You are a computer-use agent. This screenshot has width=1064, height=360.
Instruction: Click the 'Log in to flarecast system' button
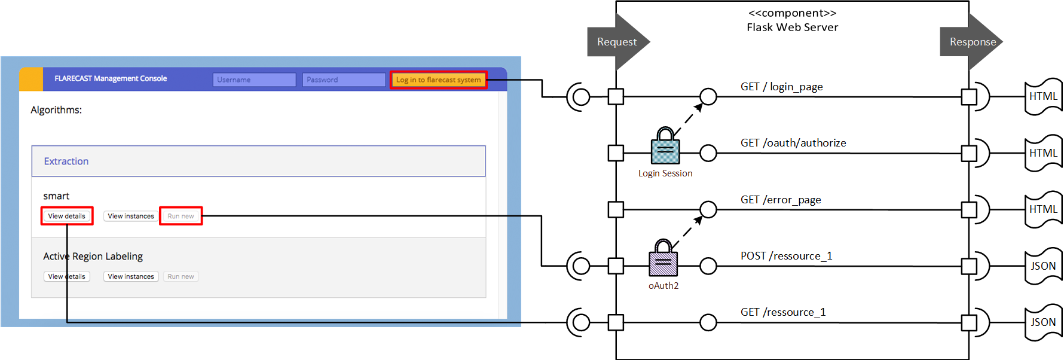click(438, 80)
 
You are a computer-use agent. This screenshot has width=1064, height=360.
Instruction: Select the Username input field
click(254, 80)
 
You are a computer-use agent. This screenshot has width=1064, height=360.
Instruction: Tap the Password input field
click(344, 80)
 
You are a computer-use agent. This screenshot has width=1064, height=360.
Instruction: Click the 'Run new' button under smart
click(181, 216)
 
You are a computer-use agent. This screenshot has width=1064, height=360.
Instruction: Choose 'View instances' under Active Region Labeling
click(131, 276)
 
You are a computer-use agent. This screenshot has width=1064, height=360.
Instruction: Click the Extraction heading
click(66, 161)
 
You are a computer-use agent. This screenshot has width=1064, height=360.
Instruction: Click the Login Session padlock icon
click(665, 146)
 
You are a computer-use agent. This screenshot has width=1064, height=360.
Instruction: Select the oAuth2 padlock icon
click(664, 258)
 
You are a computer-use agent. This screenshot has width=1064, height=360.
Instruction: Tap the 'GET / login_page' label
click(781, 87)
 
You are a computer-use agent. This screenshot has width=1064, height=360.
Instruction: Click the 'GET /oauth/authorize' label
click(793, 143)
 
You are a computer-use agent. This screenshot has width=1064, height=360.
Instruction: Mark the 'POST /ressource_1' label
click(786, 256)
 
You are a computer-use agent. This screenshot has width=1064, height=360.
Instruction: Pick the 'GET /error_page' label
click(781, 200)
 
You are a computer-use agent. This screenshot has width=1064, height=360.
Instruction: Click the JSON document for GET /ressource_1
click(1043, 322)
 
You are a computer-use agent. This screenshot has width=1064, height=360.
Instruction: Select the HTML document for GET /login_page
click(1043, 96)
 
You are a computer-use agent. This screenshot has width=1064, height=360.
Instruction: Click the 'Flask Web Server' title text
click(792, 28)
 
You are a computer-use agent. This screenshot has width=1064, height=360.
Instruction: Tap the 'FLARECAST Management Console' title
click(111, 78)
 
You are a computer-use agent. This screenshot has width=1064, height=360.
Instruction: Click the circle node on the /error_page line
click(708, 209)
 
